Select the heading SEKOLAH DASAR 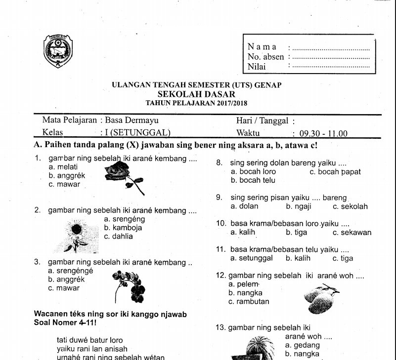pos(196,94)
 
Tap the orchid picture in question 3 pos(130,286)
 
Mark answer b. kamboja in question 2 pos(123,228)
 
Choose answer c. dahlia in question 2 pos(119,236)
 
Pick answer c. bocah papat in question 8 pos(335,172)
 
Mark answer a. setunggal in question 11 pos(253,258)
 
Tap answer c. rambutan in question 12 pos(249,301)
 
